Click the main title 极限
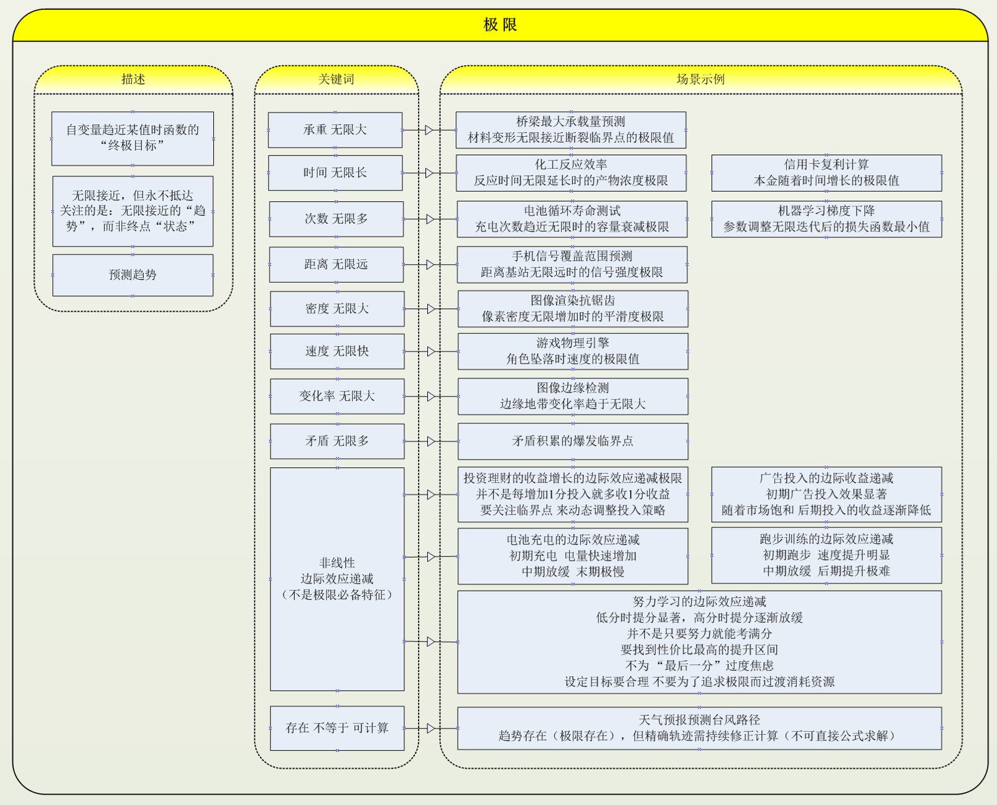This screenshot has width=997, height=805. click(x=500, y=25)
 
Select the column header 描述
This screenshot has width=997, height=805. click(x=133, y=79)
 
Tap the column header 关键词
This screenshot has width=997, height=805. click(x=336, y=79)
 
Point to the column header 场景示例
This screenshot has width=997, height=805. click(x=700, y=79)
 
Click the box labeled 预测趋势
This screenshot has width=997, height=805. click(x=132, y=275)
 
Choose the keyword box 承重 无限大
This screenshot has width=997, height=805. click(x=335, y=130)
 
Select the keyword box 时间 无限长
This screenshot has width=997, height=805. click(x=335, y=173)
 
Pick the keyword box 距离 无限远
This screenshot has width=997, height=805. click(x=336, y=265)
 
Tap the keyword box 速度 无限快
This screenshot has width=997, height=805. click(x=336, y=351)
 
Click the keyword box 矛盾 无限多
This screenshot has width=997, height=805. click(x=336, y=441)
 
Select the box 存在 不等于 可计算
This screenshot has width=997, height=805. click(x=336, y=728)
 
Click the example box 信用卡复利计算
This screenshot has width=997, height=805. click(x=826, y=173)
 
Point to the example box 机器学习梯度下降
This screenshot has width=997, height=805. click(x=826, y=219)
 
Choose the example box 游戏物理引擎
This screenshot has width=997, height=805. click(x=572, y=351)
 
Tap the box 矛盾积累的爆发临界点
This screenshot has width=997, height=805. click(x=572, y=441)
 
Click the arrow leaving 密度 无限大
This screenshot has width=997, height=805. click(x=430, y=309)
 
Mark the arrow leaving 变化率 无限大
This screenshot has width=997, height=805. click(x=430, y=397)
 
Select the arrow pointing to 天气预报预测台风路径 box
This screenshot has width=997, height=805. click(x=430, y=728)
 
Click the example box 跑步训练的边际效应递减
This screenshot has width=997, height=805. click(x=826, y=555)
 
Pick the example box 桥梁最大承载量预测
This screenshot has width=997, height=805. click(x=570, y=130)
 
